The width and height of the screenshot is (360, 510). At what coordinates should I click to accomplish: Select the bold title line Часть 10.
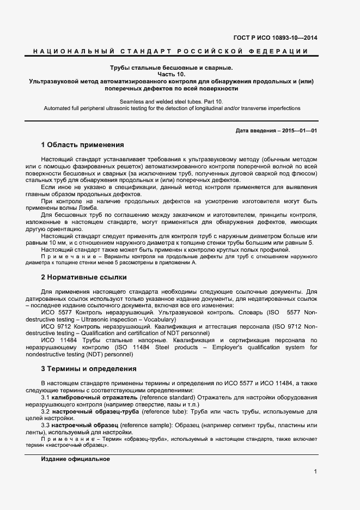pos(172,75)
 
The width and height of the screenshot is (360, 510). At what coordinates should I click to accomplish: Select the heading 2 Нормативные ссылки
pos(84,277)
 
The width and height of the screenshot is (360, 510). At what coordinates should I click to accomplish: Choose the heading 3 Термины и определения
pos(88,369)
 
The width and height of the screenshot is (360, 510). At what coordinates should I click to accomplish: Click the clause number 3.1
pos(46,398)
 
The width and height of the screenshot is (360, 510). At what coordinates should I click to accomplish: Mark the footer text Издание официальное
pos(75,459)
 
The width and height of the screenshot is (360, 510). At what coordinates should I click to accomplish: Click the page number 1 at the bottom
pos(315,471)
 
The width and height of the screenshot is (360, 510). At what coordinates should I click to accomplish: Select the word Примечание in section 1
pos(60,256)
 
